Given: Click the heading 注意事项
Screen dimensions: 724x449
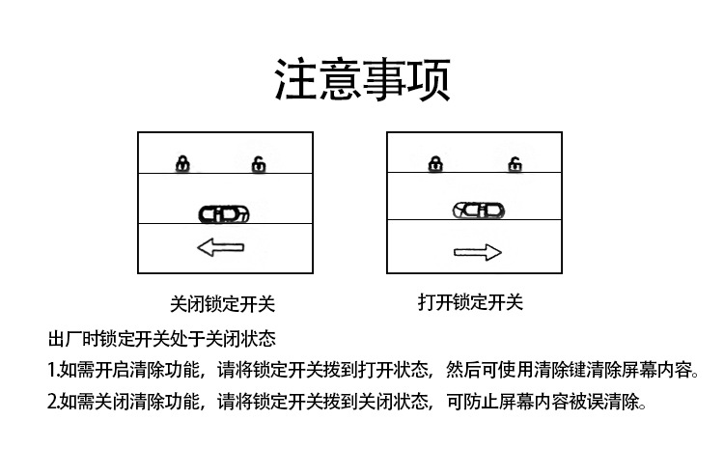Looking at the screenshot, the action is tap(362, 79).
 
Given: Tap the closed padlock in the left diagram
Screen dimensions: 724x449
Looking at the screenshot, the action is tap(182, 164).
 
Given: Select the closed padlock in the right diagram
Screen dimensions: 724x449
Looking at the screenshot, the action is tap(436, 164).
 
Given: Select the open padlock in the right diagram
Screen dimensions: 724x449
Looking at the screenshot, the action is tap(513, 164).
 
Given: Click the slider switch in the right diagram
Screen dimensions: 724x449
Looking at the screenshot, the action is tap(478, 210).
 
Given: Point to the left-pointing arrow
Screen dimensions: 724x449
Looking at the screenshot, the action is tap(220, 248).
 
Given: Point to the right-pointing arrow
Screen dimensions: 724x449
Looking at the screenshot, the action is tap(478, 252).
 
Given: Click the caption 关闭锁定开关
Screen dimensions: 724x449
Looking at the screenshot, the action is tap(223, 303).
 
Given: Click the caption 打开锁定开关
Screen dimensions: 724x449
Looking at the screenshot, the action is tap(471, 302).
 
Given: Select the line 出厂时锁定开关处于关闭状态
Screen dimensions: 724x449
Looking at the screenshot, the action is tap(162, 339).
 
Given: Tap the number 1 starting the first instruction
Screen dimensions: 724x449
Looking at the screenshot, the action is tap(51, 370).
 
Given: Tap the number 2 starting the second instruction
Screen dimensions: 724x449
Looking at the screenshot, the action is tap(52, 401).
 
